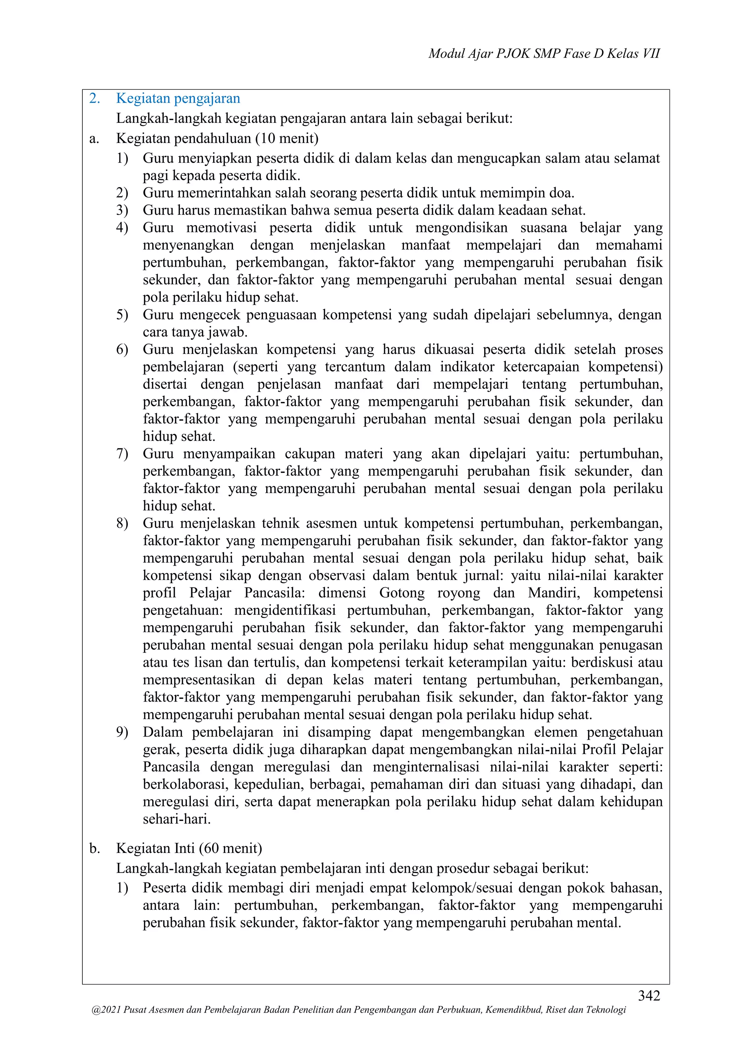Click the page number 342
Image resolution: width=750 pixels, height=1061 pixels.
coord(649,995)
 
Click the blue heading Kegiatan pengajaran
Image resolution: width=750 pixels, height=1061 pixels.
coord(178,99)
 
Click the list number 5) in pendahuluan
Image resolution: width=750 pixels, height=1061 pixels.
coord(122,315)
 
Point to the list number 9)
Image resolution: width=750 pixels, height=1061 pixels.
coord(122,732)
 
